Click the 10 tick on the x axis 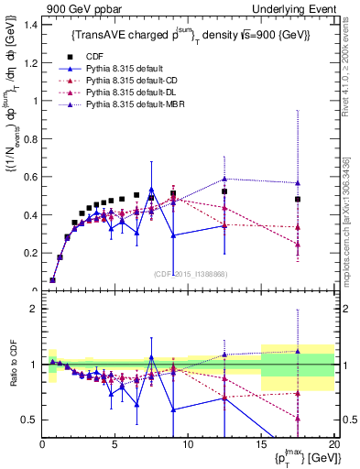pyautogui.click(x=188, y=442)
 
